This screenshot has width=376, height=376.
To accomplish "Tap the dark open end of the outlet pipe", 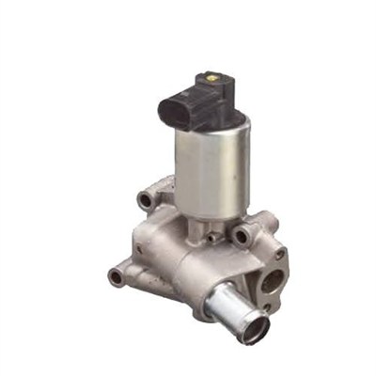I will pos(253,329).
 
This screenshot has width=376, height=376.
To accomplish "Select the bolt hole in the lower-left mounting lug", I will pos(116,276).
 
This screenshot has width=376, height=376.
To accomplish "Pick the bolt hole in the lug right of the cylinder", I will pos(244,235).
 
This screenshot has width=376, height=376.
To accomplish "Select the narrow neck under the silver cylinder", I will pos(209,226).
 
